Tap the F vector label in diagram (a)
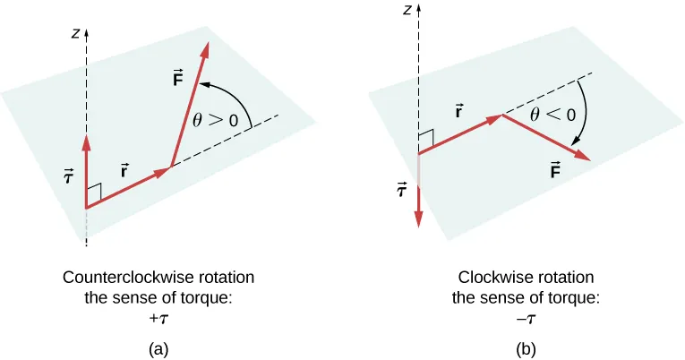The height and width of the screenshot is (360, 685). pyautogui.click(x=178, y=80)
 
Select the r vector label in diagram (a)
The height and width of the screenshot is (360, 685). pyautogui.click(x=124, y=167)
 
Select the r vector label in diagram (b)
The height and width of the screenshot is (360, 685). pyautogui.click(x=458, y=113)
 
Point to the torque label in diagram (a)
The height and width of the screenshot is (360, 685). pyautogui.click(x=67, y=178)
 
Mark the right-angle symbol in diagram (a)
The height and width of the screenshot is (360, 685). pyautogui.click(x=95, y=192)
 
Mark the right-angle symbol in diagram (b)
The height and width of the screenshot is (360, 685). pyautogui.click(x=426, y=138)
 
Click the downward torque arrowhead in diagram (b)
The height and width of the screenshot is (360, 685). pyautogui.click(x=419, y=220)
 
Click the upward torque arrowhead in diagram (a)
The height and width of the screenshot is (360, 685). pyautogui.click(x=86, y=141)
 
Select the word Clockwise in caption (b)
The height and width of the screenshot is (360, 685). pyautogui.click(x=490, y=277)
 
